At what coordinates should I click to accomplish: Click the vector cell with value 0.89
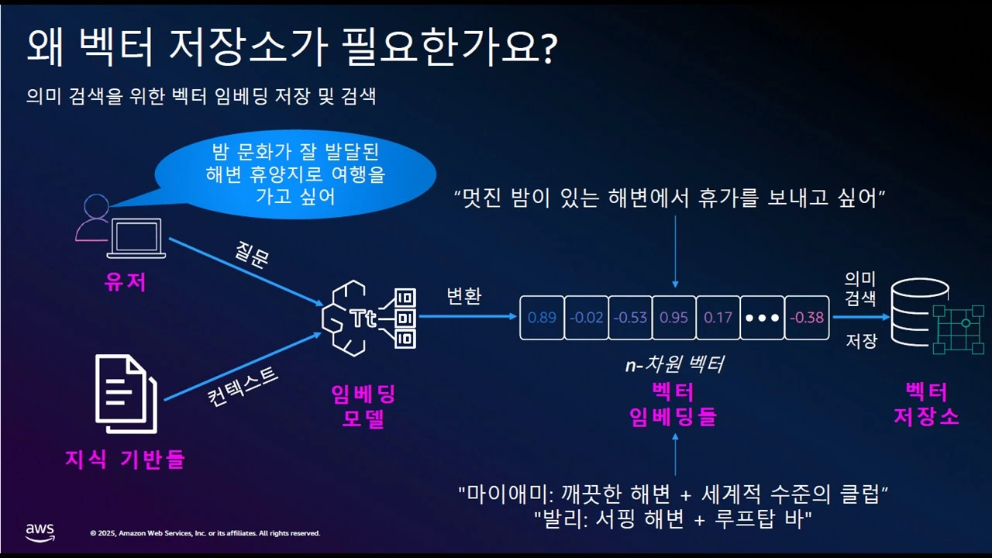click(x=542, y=318)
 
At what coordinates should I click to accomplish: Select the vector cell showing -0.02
click(x=586, y=318)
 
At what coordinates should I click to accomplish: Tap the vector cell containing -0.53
click(x=630, y=318)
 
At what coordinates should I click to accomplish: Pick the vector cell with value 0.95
click(x=673, y=318)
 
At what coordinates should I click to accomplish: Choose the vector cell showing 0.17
click(x=718, y=318)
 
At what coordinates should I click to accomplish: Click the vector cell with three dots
click(x=762, y=318)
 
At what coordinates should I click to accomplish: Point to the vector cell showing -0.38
click(x=806, y=318)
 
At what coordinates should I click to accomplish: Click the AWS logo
click(x=40, y=532)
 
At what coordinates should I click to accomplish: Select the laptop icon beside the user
click(x=136, y=238)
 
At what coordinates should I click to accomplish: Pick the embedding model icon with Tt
click(x=368, y=319)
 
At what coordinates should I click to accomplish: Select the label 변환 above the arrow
click(x=464, y=296)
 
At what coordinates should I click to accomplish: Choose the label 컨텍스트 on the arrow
click(x=243, y=384)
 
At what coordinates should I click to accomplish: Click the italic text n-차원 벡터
click(x=674, y=363)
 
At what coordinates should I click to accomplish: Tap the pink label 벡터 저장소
click(x=926, y=403)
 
